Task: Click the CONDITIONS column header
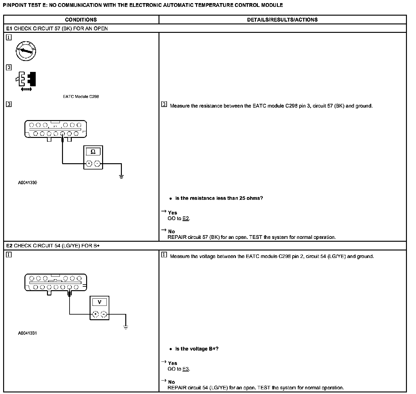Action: point(81,20)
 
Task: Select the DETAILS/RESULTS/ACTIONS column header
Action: point(282,20)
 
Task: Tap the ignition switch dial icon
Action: point(26,51)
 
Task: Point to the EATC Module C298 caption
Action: point(81,97)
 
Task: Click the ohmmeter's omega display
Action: point(93,152)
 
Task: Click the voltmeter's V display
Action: point(100,302)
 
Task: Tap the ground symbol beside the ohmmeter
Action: point(122,176)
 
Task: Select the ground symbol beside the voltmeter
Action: point(126,327)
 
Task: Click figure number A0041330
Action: point(28,183)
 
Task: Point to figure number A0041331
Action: point(28,333)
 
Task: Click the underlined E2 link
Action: point(186,219)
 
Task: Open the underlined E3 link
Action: point(186,369)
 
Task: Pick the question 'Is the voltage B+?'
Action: point(197,349)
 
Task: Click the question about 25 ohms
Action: point(219,198)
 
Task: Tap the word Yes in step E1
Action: point(172,213)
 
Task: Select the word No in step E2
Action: point(171,382)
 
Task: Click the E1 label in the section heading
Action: point(9,28)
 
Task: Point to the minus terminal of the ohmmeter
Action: point(97,164)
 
